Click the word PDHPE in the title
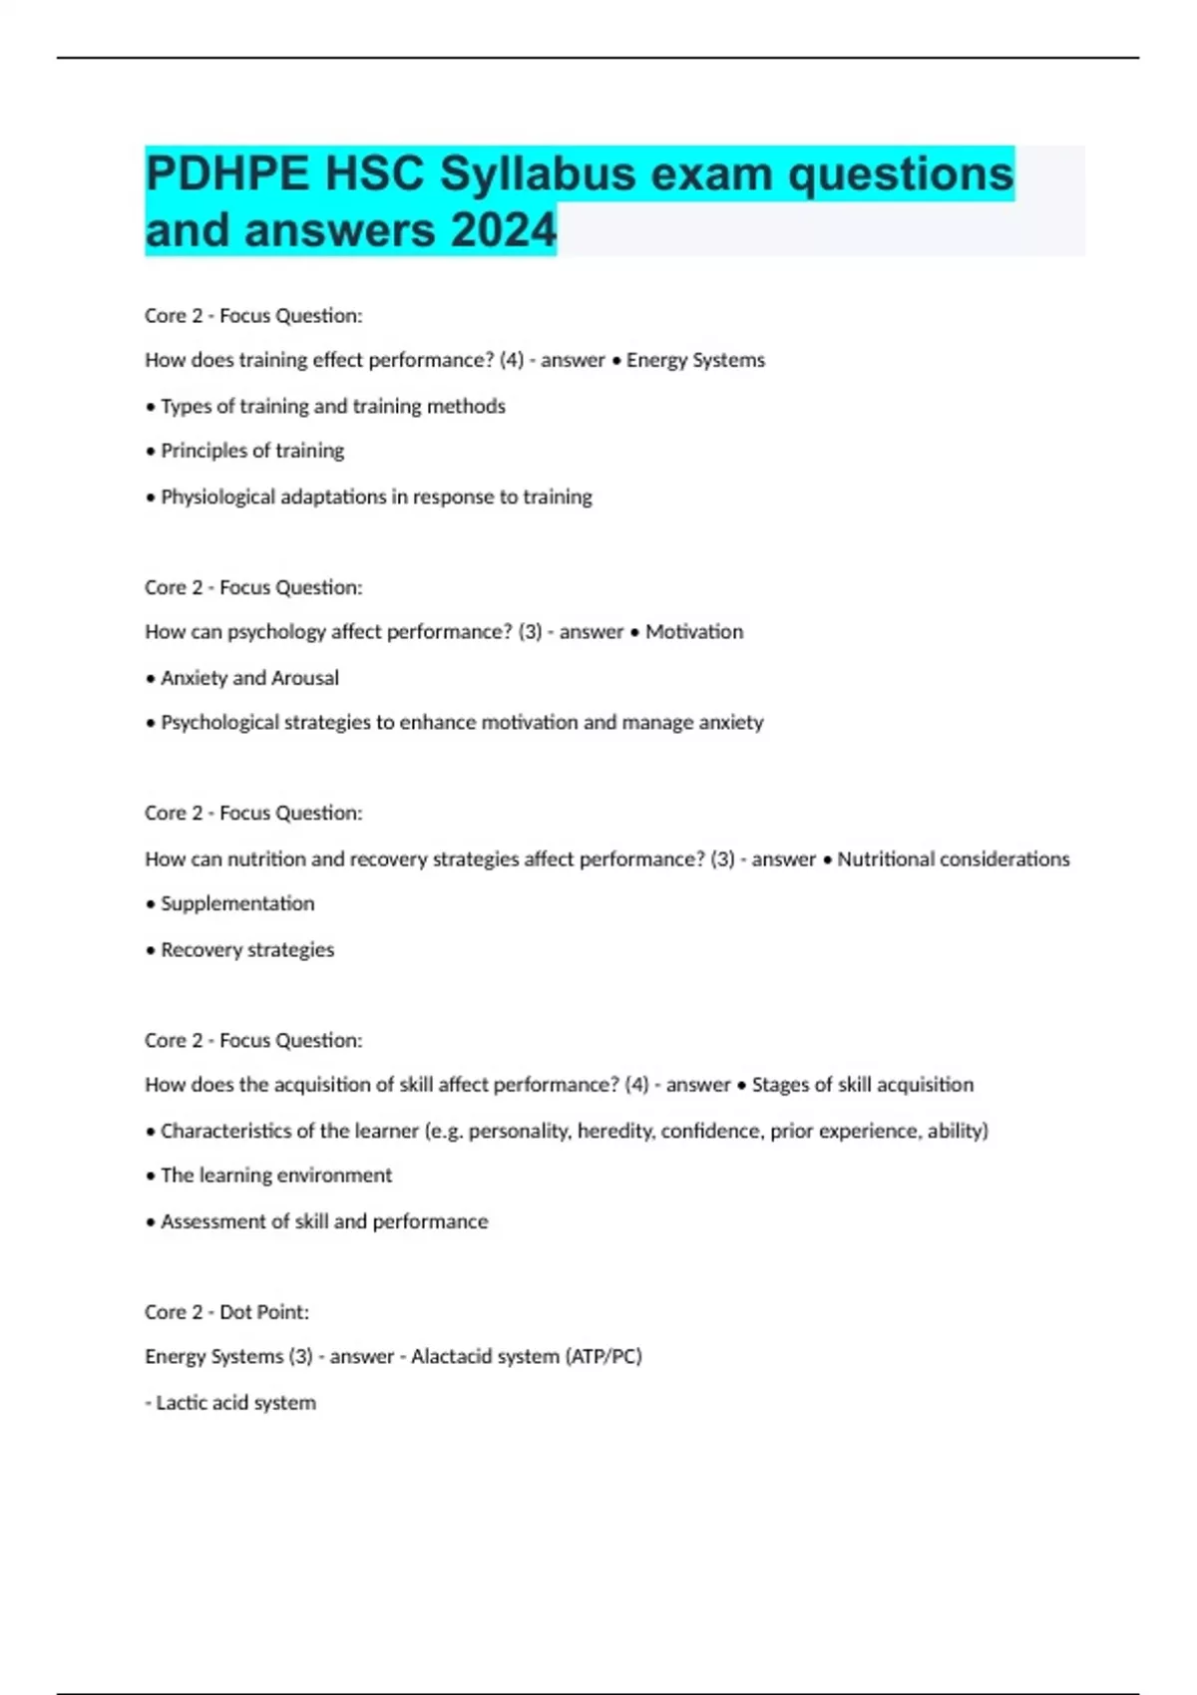tap(227, 174)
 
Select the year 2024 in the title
tap(503, 230)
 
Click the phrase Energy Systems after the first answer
tap(695, 360)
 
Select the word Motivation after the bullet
tap(694, 631)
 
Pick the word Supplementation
tap(237, 903)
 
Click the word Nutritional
tap(885, 858)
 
